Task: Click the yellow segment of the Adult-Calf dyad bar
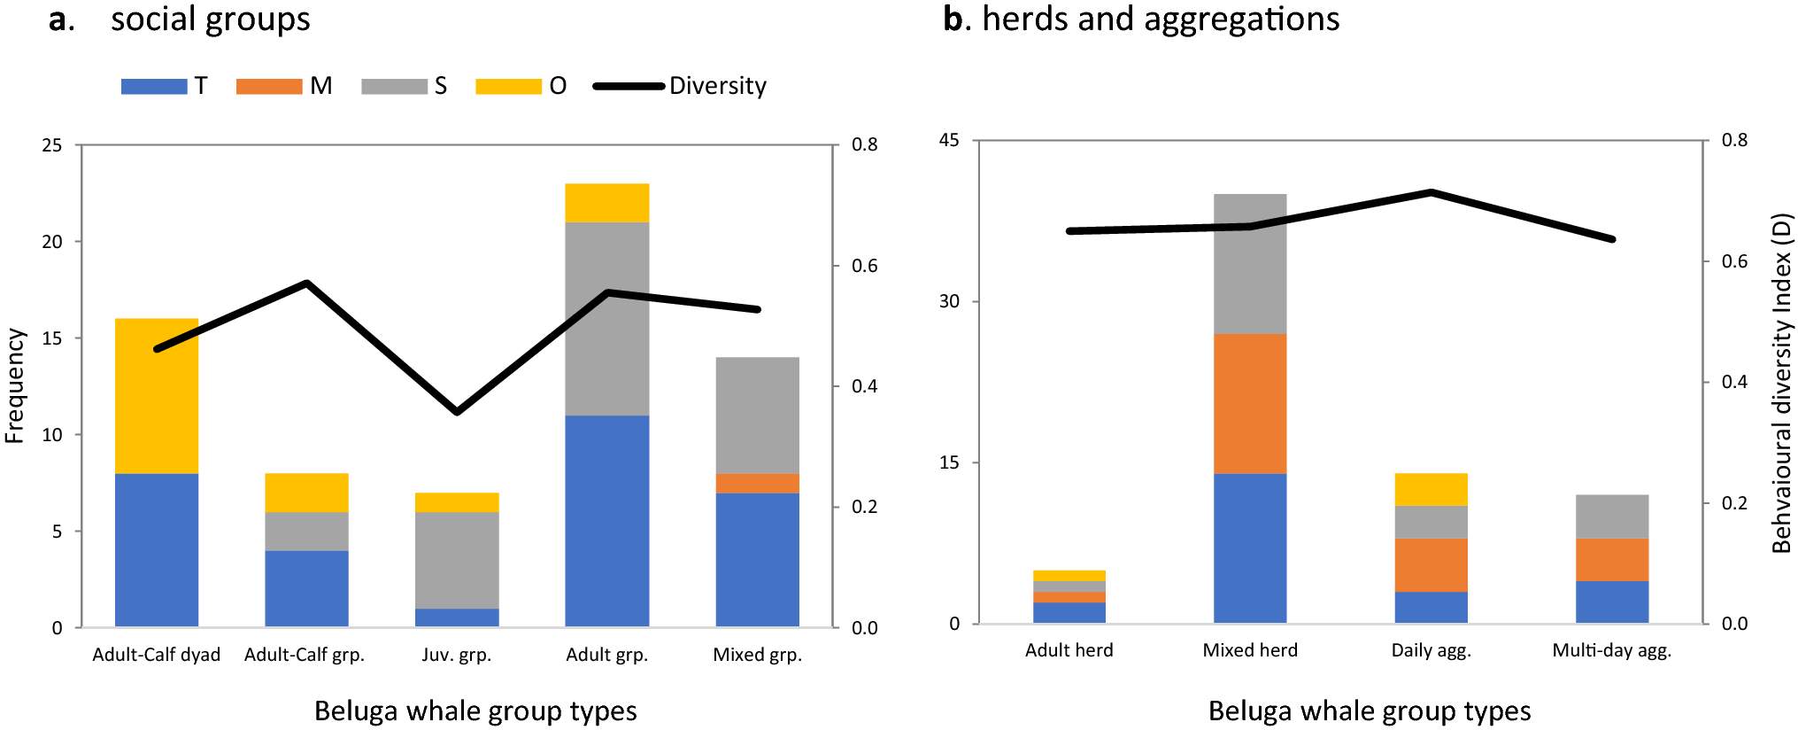pyautogui.click(x=157, y=395)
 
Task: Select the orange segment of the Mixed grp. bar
pyautogui.click(x=757, y=484)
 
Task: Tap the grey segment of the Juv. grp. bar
pyautogui.click(x=457, y=560)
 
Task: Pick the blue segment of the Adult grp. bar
pyautogui.click(x=606, y=521)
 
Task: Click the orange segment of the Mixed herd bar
pyautogui.click(x=1249, y=404)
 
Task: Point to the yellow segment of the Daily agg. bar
pyautogui.click(x=1431, y=489)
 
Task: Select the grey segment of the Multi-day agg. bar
pyautogui.click(x=1611, y=516)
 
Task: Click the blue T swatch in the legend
pyautogui.click(x=154, y=86)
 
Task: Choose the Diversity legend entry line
pyautogui.click(x=629, y=86)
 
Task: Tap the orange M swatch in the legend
pyautogui.click(x=269, y=86)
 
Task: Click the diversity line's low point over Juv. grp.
pyautogui.click(x=457, y=412)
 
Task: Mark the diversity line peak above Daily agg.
pyautogui.click(x=1431, y=192)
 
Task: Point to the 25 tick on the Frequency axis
pyautogui.click(x=52, y=144)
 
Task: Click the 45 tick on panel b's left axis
pyautogui.click(x=949, y=140)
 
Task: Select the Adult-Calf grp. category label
pyautogui.click(x=305, y=655)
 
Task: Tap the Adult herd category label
pyautogui.click(x=1069, y=650)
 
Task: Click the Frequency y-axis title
pyautogui.click(x=14, y=385)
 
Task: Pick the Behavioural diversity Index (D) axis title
pyautogui.click(x=1781, y=383)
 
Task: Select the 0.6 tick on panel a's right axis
pyautogui.click(x=864, y=266)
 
